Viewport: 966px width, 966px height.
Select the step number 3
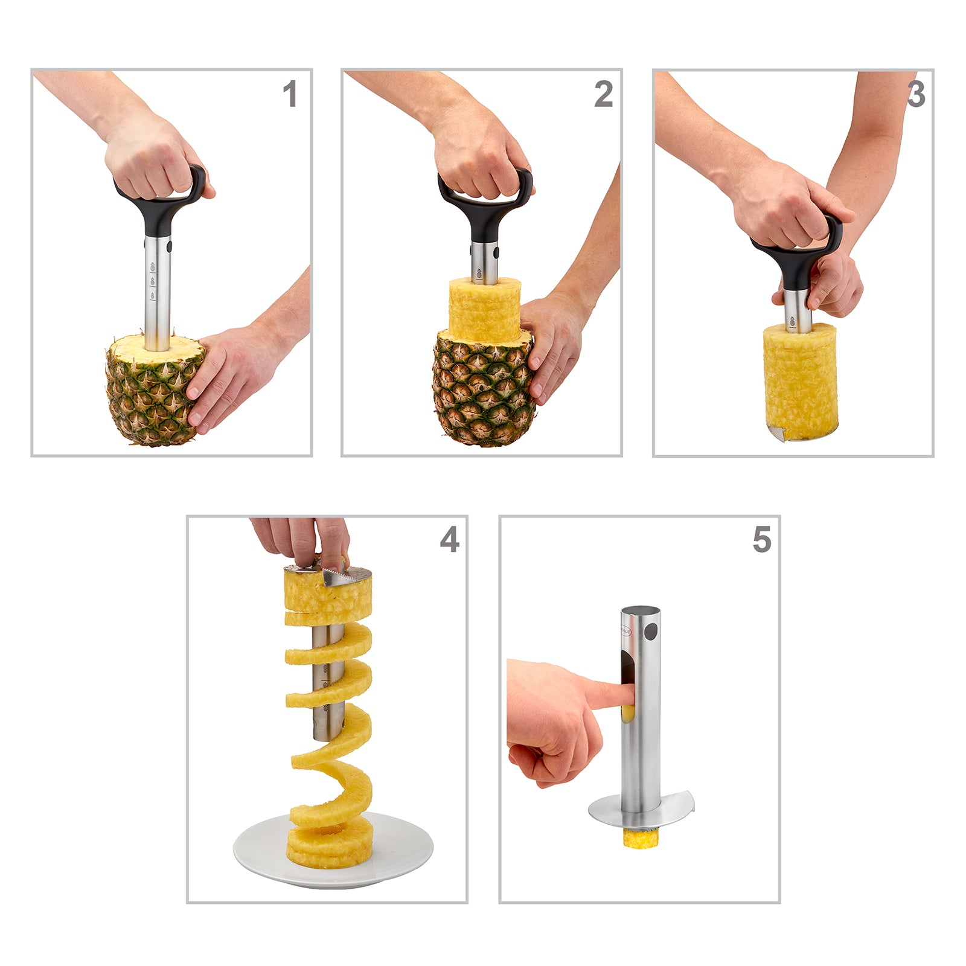tap(916, 95)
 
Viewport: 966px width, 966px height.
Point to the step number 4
tap(449, 539)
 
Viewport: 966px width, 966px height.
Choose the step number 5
tap(762, 539)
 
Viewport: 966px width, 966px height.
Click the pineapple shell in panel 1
tap(151, 398)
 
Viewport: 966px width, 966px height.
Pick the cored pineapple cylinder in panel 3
tap(800, 380)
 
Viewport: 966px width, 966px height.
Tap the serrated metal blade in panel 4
tap(338, 577)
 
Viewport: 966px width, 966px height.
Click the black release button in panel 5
tap(651, 632)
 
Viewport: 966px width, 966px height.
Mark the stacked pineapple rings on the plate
tap(329, 842)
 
